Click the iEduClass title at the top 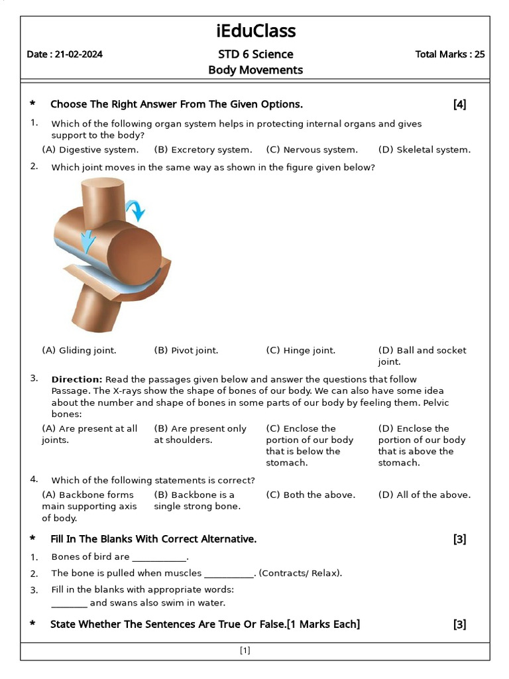tap(256, 31)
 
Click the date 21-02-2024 tap(64, 54)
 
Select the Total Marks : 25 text tap(449, 54)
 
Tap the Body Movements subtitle tap(255, 70)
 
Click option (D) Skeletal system tap(424, 150)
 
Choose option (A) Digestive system tap(90, 150)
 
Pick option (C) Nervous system tap(311, 150)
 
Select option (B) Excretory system tap(203, 150)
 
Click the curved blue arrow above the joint tap(136, 209)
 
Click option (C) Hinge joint tap(300, 350)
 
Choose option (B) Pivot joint tap(186, 350)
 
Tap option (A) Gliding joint tap(79, 350)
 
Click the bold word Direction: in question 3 tap(76, 379)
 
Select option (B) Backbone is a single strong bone tap(194, 501)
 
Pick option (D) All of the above tap(424, 495)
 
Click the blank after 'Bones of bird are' tap(160, 557)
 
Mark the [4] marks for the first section tap(459, 104)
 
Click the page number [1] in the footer tap(245, 650)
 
